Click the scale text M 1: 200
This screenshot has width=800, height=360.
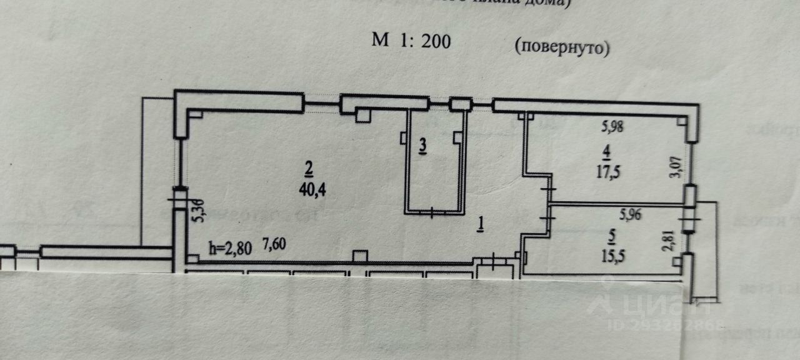411,41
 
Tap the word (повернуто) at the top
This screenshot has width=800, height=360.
562,47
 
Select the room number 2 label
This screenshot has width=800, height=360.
307,167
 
